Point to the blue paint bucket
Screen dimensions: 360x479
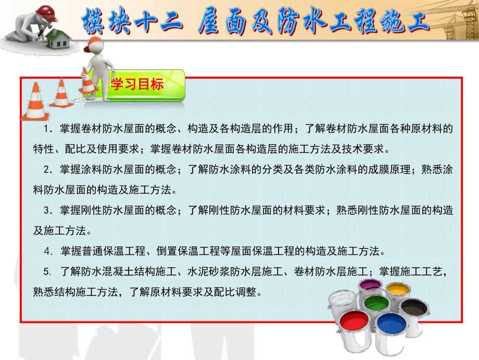[x=390, y=326]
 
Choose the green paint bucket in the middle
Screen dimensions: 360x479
[x=376, y=304]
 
